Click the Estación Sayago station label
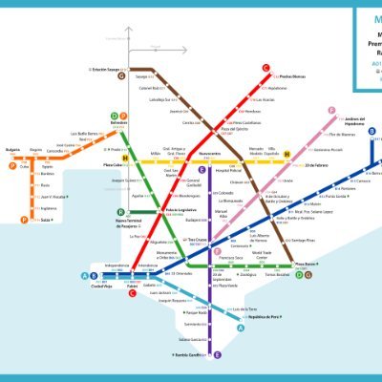(104, 69)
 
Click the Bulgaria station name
(12, 150)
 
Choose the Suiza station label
(45, 220)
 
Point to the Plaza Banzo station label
(305, 265)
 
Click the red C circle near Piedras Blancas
(267, 67)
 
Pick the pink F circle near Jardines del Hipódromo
(331, 111)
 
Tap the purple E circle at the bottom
(219, 354)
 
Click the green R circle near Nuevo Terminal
(121, 212)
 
